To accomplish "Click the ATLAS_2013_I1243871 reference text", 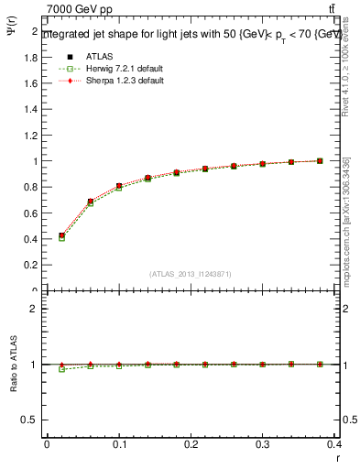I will tap(190, 274).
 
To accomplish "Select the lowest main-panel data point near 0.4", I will tap(61, 237).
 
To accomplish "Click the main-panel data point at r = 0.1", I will tap(119, 186).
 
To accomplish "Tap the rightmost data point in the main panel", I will tap(320, 161).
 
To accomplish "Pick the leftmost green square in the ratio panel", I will tap(61, 369).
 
